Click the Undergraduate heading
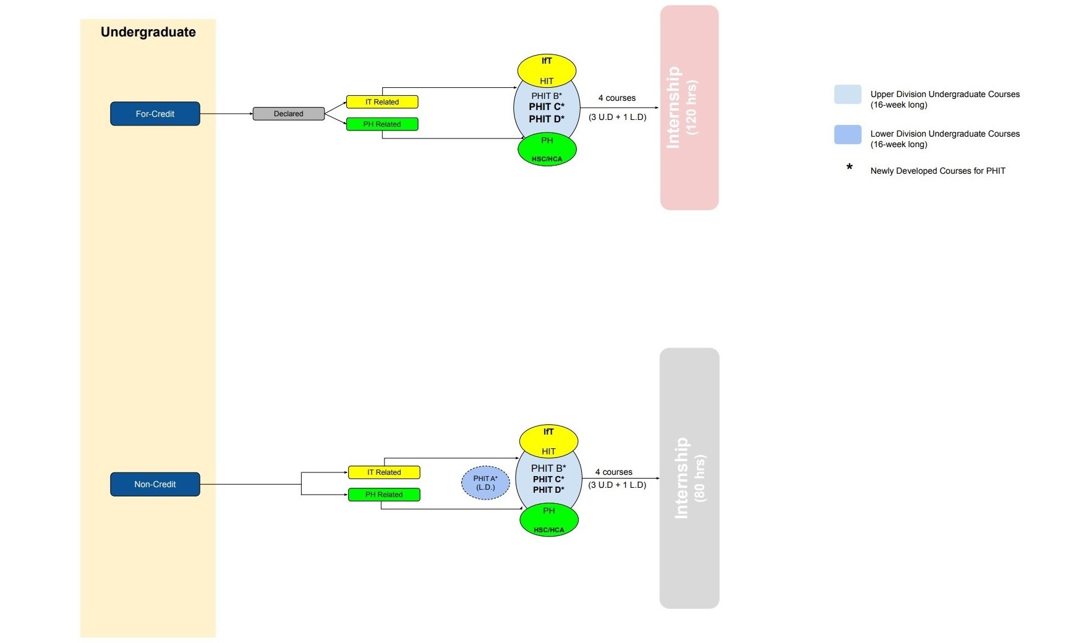click(x=148, y=32)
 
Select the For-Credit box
click(x=155, y=114)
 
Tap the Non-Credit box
click(x=155, y=484)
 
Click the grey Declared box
click(x=289, y=114)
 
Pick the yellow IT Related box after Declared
click(x=382, y=102)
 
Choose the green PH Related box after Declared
click(x=382, y=124)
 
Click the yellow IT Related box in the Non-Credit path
click(x=384, y=472)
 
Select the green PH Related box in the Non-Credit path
click(x=384, y=495)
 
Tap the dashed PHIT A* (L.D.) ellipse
click(x=485, y=483)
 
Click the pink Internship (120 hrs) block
click(x=689, y=108)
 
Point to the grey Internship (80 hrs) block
click(x=689, y=478)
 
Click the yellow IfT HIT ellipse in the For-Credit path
click(x=547, y=70)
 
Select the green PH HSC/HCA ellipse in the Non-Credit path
click(x=548, y=520)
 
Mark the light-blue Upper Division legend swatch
click(x=847, y=95)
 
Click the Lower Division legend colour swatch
click(x=847, y=135)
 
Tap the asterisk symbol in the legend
click(x=850, y=168)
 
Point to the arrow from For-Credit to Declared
click(x=226, y=114)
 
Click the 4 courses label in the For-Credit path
click(x=616, y=98)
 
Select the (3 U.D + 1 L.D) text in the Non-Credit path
click(x=617, y=485)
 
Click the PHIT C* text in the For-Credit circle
click(x=547, y=107)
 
